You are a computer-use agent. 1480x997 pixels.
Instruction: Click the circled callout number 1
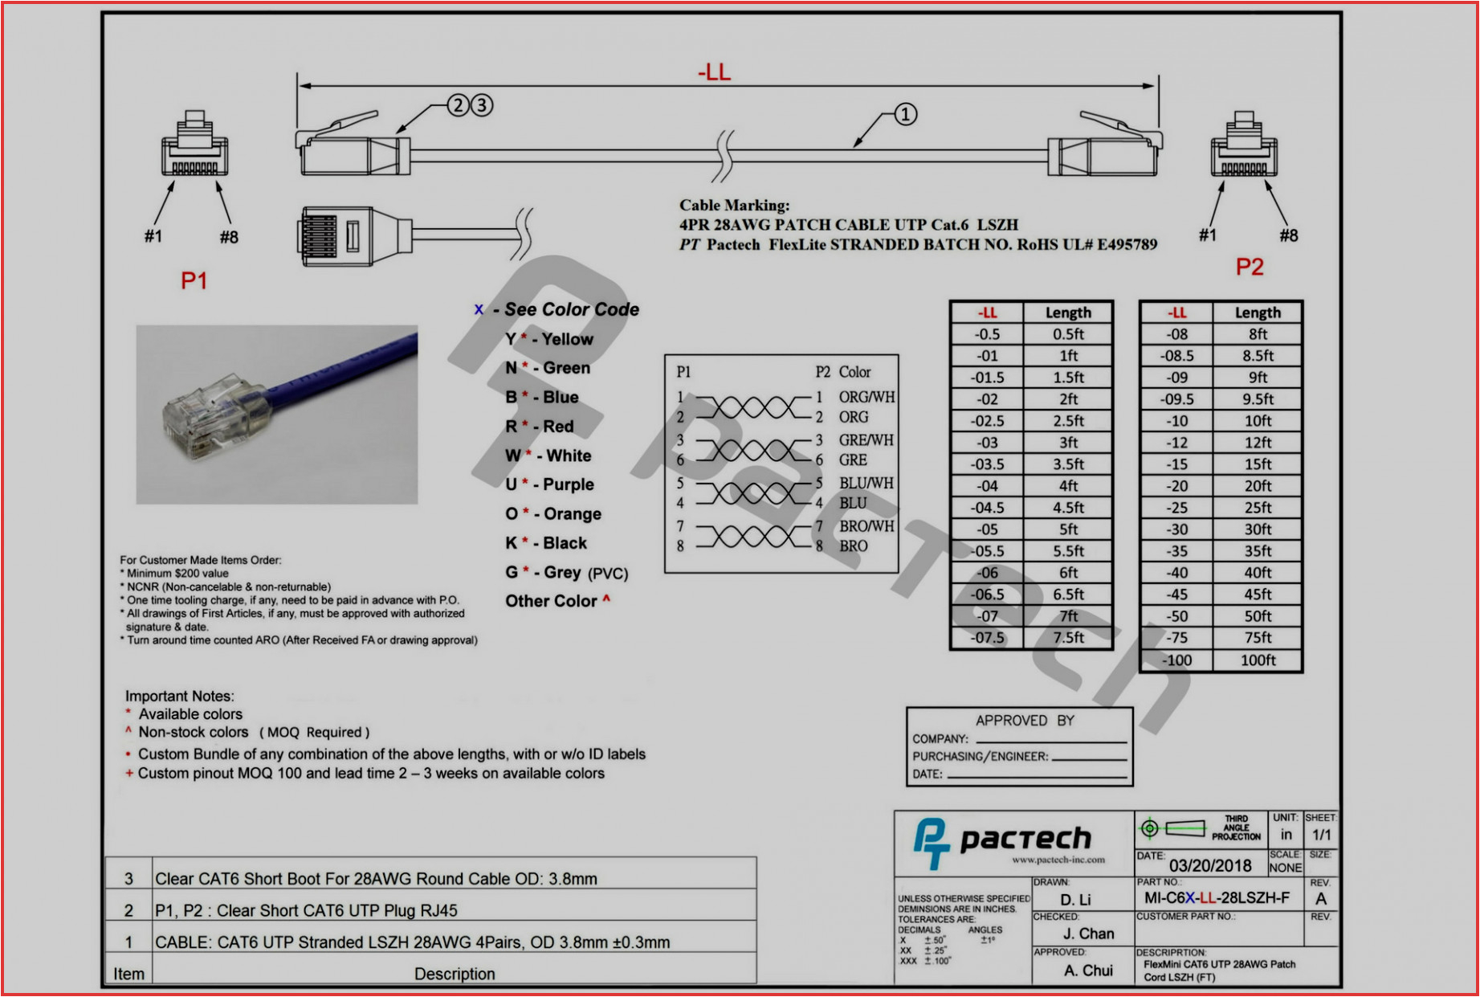point(905,114)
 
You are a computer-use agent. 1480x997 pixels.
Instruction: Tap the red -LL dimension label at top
point(714,72)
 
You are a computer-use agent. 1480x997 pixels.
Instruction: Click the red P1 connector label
point(194,280)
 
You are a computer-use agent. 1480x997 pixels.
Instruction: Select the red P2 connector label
point(1249,267)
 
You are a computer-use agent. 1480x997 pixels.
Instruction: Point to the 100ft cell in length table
point(1258,660)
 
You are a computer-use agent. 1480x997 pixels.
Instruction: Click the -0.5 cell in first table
point(987,334)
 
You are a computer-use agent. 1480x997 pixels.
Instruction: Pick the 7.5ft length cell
point(1068,638)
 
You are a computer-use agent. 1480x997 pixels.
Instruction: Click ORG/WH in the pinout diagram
point(866,397)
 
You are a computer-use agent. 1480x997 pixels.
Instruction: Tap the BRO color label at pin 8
point(853,546)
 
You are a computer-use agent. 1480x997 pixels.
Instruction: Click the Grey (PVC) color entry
point(566,573)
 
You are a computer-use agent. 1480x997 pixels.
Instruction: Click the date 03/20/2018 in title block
point(1209,865)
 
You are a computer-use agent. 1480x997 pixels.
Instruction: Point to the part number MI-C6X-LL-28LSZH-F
point(1217,898)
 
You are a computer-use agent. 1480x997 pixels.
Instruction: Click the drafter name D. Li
point(1075,900)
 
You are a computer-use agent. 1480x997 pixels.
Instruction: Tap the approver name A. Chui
point(1088,970)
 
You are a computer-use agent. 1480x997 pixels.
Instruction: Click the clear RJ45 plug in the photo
point(205,416)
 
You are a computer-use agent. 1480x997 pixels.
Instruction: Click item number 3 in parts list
point(128,879)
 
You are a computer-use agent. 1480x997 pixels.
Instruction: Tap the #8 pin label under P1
point(229,237)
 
